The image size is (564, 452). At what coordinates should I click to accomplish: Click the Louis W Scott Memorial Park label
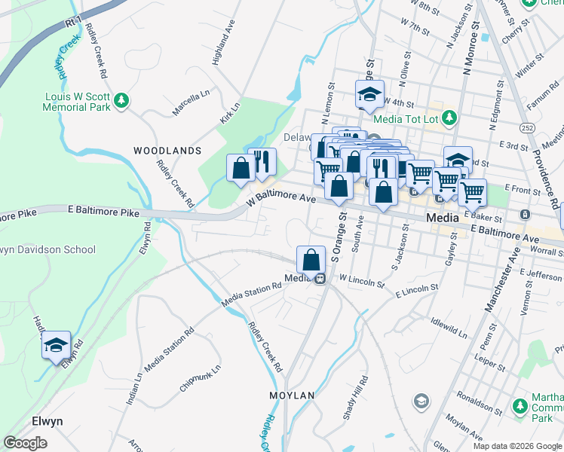(77, 102)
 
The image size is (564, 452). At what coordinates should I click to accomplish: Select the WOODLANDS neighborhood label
(167, 151)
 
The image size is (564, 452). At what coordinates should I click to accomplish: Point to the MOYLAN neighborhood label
(292, 395)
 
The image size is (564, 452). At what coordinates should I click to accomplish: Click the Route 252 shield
(528, 129)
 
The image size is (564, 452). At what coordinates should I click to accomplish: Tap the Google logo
(26, 443)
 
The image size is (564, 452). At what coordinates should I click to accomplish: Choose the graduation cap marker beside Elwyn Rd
(56, 346)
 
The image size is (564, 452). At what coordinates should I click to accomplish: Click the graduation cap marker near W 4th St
(369, 95)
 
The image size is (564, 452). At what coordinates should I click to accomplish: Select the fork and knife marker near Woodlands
(262, 162)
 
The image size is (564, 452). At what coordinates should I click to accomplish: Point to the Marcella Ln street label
(191, 103)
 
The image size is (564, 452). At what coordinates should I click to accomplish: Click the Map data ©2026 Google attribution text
(517, 445)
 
